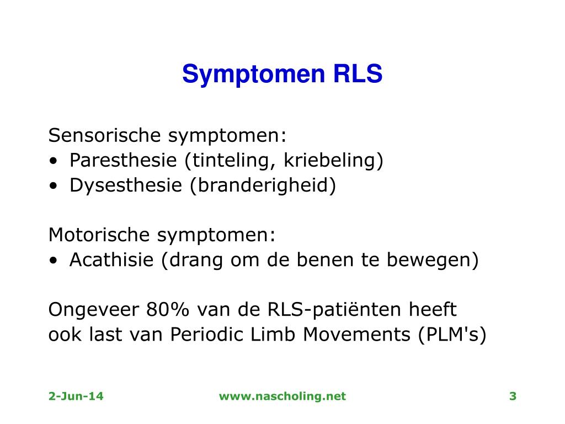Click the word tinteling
(x=231, y=161)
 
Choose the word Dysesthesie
(x=127, y=185)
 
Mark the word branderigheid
(x=263, y=185)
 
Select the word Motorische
(x=99, y=235)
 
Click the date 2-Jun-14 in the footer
(x=76, y=396)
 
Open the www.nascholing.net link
(x=282, y=396)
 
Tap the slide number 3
(x=513, y=396)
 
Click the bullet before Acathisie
(x=53, y=261)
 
